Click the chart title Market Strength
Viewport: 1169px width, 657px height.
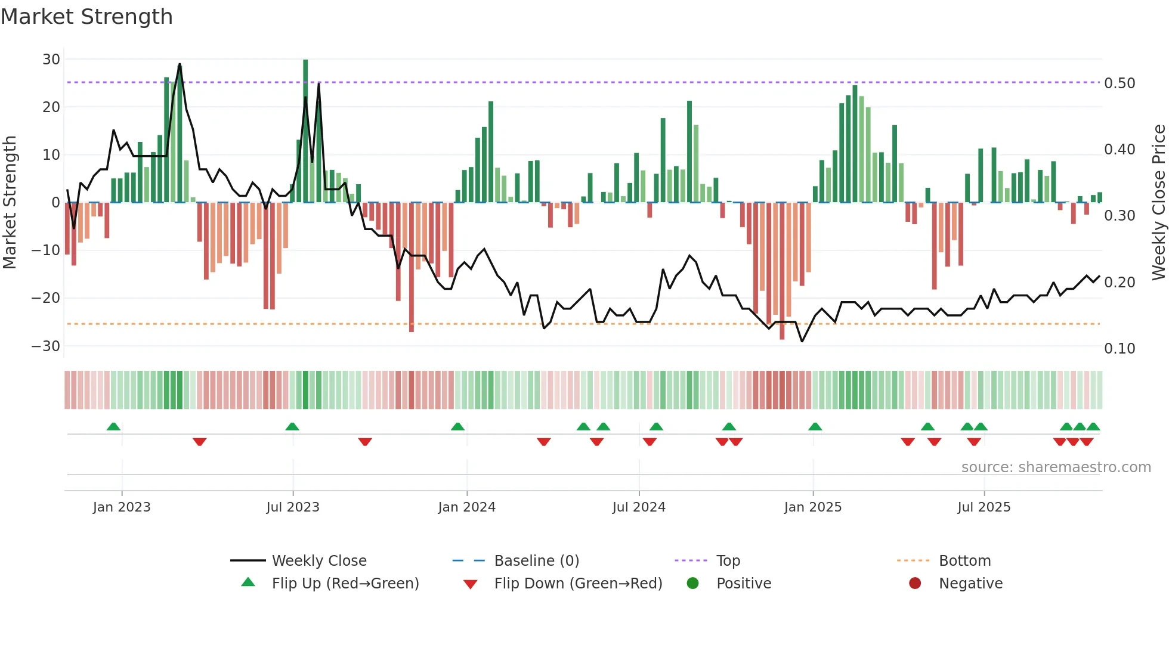[x=86, y=17]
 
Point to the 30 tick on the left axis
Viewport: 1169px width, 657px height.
[x=51, y=60]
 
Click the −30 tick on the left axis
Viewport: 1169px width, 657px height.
[x=46, y=346]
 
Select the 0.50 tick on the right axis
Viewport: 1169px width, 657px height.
[x=1119, y=83]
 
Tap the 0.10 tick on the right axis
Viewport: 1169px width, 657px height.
[x=1119, y=349]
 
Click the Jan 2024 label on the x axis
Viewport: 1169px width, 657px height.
[x=466, y=507]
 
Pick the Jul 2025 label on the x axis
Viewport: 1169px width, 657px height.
[x=984, y=507]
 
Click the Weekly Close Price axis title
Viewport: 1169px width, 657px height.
[x=1158, y=203]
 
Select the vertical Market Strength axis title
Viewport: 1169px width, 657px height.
[x=10, y=203]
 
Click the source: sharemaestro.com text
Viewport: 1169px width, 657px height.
[x=1056, y=467]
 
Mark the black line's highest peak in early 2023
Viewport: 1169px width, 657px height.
[x=180, y=64]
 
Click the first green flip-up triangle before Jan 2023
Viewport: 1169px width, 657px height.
[x=113, y=426]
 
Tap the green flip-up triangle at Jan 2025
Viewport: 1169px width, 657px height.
[x=815, y=426]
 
